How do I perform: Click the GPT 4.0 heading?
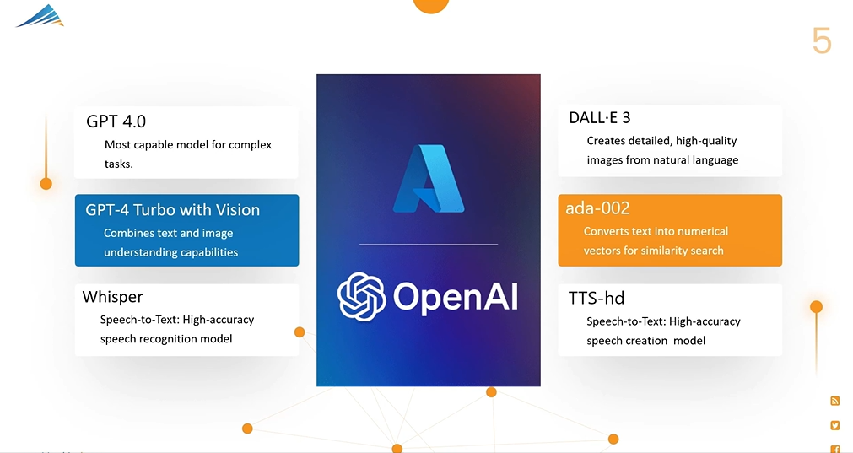(x=116, y=121)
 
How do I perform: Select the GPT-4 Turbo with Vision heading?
(x=172, y=210)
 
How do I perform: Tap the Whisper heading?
(x=112, y=297)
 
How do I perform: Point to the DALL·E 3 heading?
(x=600, y=118)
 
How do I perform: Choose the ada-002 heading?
(x=597, y=208)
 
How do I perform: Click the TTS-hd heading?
(x=597, y=298)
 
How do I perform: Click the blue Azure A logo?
(x=429, y=179)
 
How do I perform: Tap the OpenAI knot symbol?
(x=361, y=296)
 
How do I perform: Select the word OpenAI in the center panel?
(x=456, y=297)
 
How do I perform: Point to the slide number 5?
(x=821, y=40)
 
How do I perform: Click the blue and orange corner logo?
(x=40, y=15)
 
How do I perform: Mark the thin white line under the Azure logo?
(x=429, y=245)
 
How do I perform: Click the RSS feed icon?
(x=835, y=401)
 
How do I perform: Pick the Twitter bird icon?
(x=835, y=425)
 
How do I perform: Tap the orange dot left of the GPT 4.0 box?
(x=46, y=183)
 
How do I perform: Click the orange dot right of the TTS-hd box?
(x=816, y=307)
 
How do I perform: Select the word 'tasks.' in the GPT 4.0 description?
(x=119, y=164)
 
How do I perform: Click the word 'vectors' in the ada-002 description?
(x=604, y=251)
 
